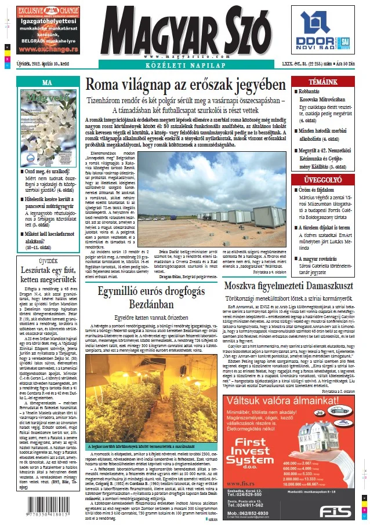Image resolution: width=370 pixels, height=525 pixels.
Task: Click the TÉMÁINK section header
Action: pos(323,82)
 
